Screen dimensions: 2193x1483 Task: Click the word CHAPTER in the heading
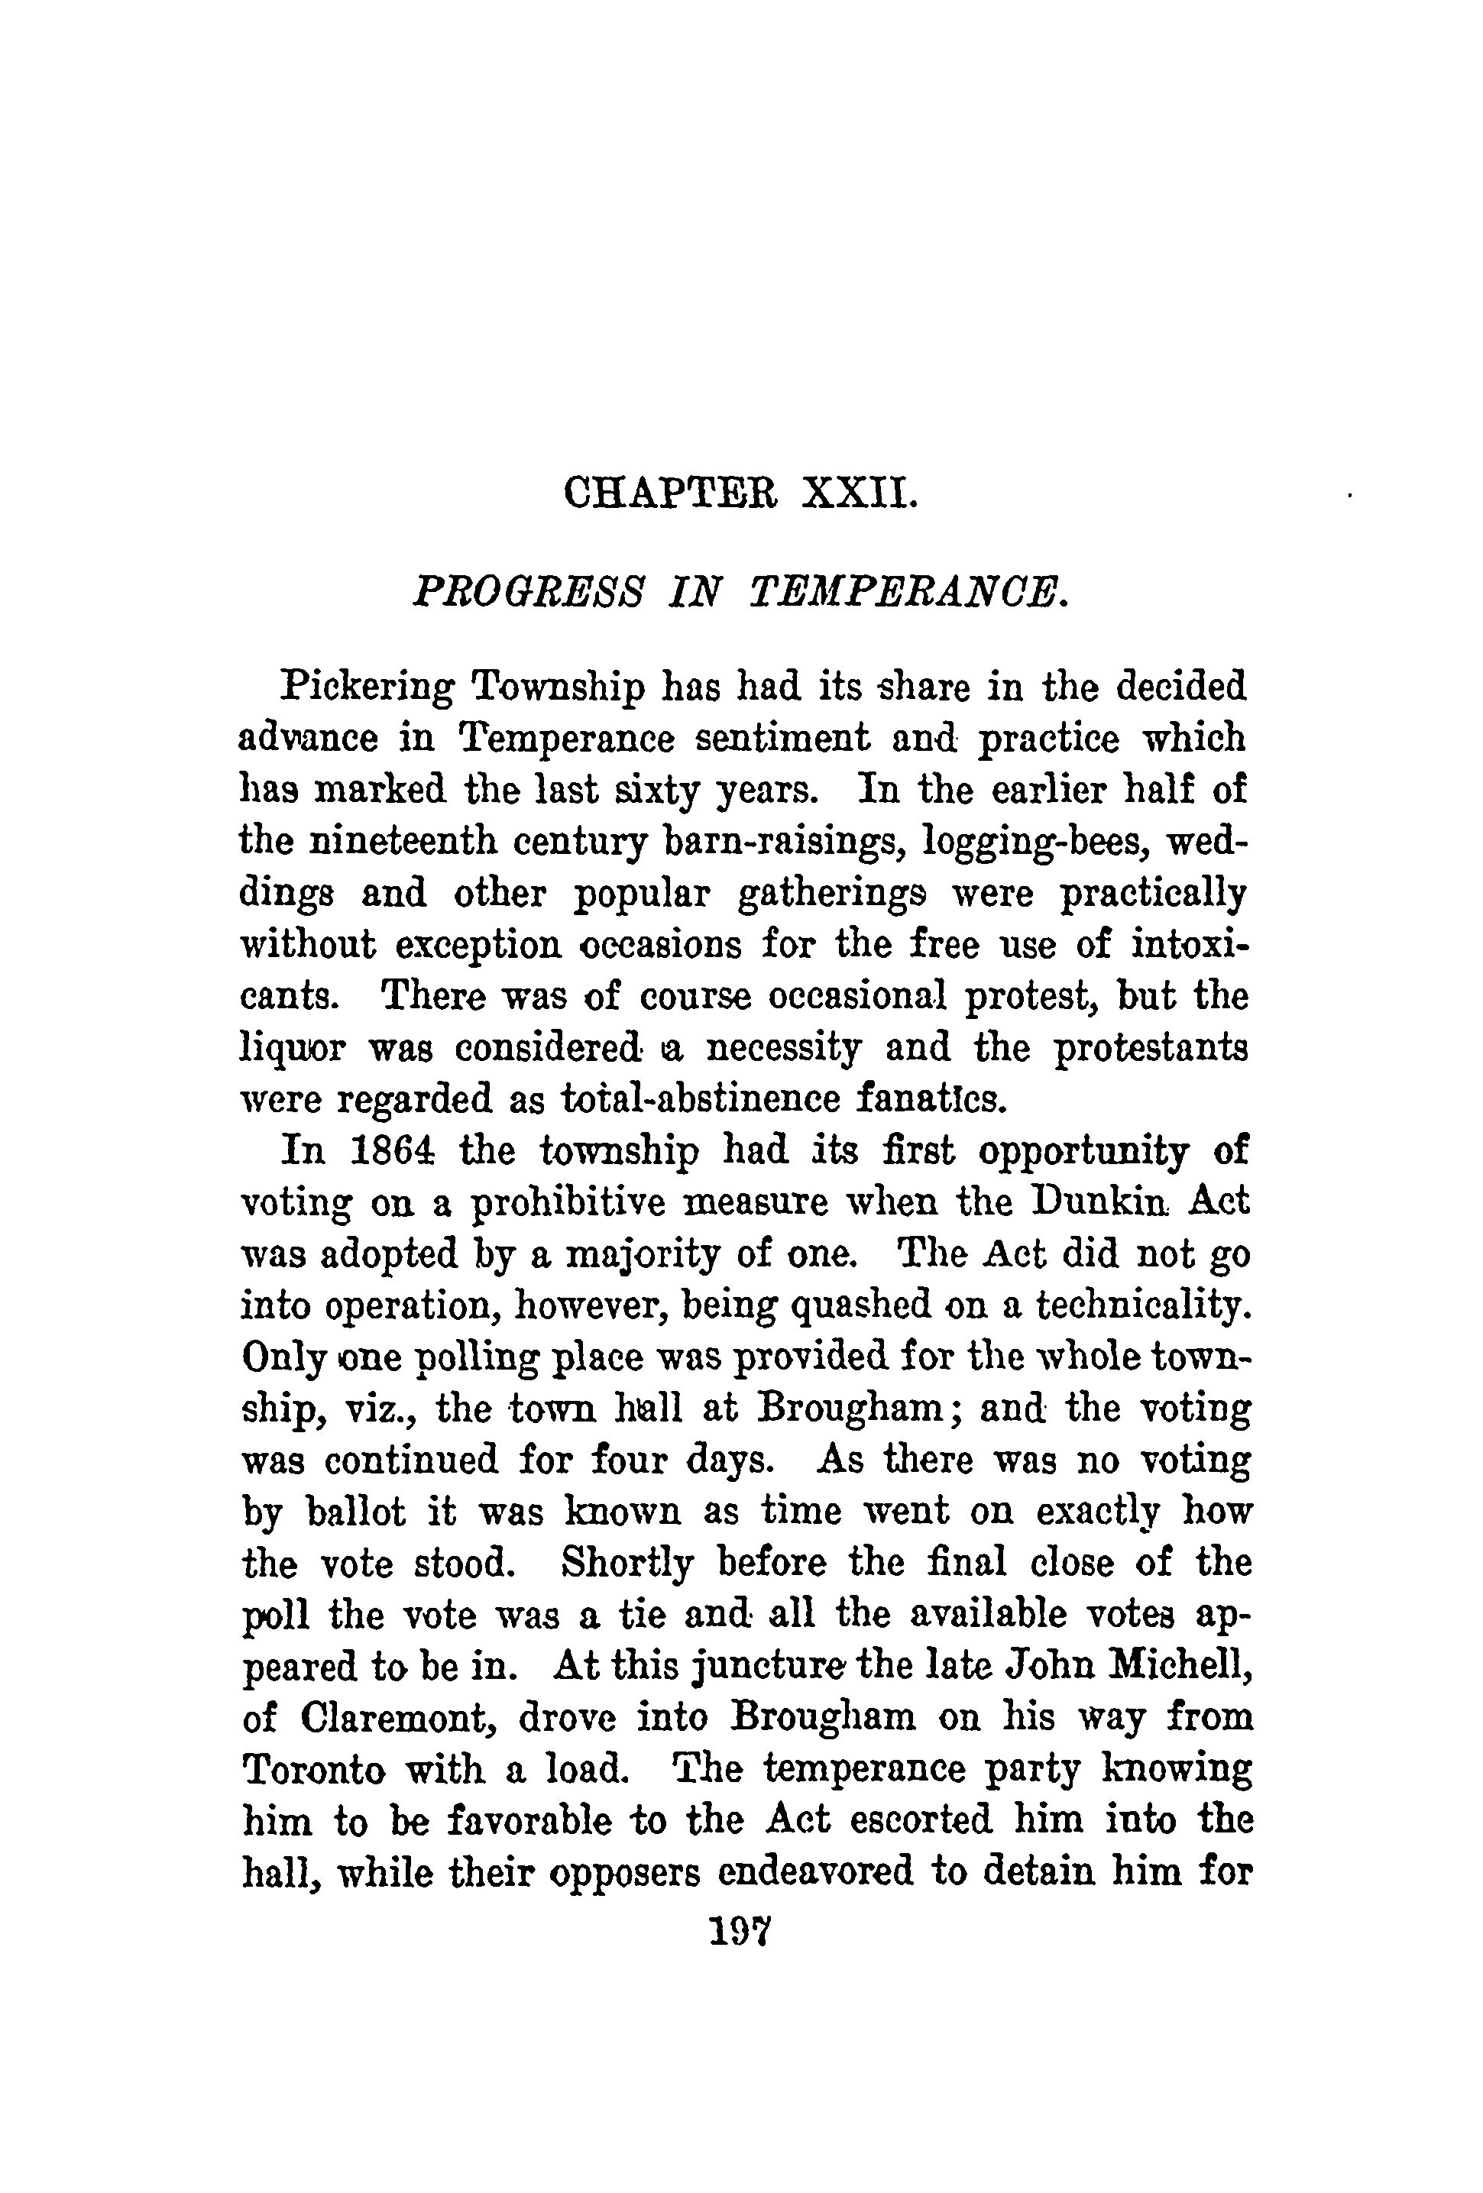coord(669,493)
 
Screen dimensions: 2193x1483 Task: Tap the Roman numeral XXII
coord(857,493)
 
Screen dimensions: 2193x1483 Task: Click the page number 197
coord(741,1931)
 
